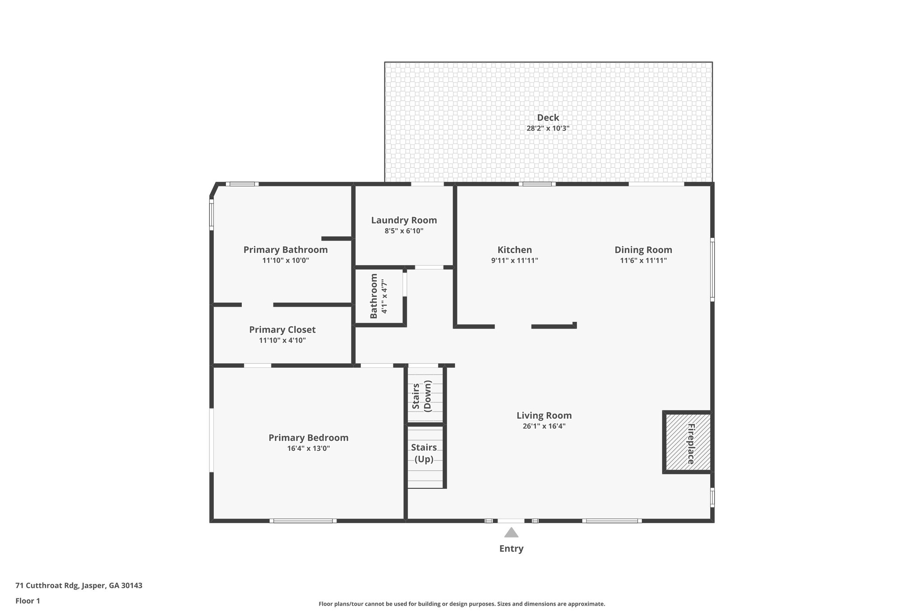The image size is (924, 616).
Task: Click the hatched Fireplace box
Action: tap(687, 442)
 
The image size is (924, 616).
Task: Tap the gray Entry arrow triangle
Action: tap(511, 533)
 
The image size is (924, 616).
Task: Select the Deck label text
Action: tap(548, 118)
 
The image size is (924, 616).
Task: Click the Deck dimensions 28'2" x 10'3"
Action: tap(548, 128)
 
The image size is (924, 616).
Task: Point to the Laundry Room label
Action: tap(404, 220)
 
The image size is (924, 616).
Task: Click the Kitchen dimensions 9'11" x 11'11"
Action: tap(514, 260)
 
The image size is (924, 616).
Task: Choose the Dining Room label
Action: tap(643, 250)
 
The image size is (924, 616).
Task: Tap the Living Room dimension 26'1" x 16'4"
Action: tap(544, 426)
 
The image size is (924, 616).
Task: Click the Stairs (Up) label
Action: tap(424, 453)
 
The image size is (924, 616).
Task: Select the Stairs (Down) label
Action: tap(422, 396)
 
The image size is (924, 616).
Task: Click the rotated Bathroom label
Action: tap(374, 296)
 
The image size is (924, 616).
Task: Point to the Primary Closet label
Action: tap(282, 330)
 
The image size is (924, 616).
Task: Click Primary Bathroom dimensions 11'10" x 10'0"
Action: tap(285, 260)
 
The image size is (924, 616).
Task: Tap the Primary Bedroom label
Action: tap(308, 438)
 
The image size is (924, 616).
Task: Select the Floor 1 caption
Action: tap(28, 601)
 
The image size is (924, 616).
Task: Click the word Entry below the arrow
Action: tap(511, 549)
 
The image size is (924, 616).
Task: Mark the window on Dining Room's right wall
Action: tap(712, 269)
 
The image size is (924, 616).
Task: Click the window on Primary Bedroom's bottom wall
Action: tap(303, 521)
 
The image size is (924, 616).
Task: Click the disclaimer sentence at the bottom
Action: tap(462, 604)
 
